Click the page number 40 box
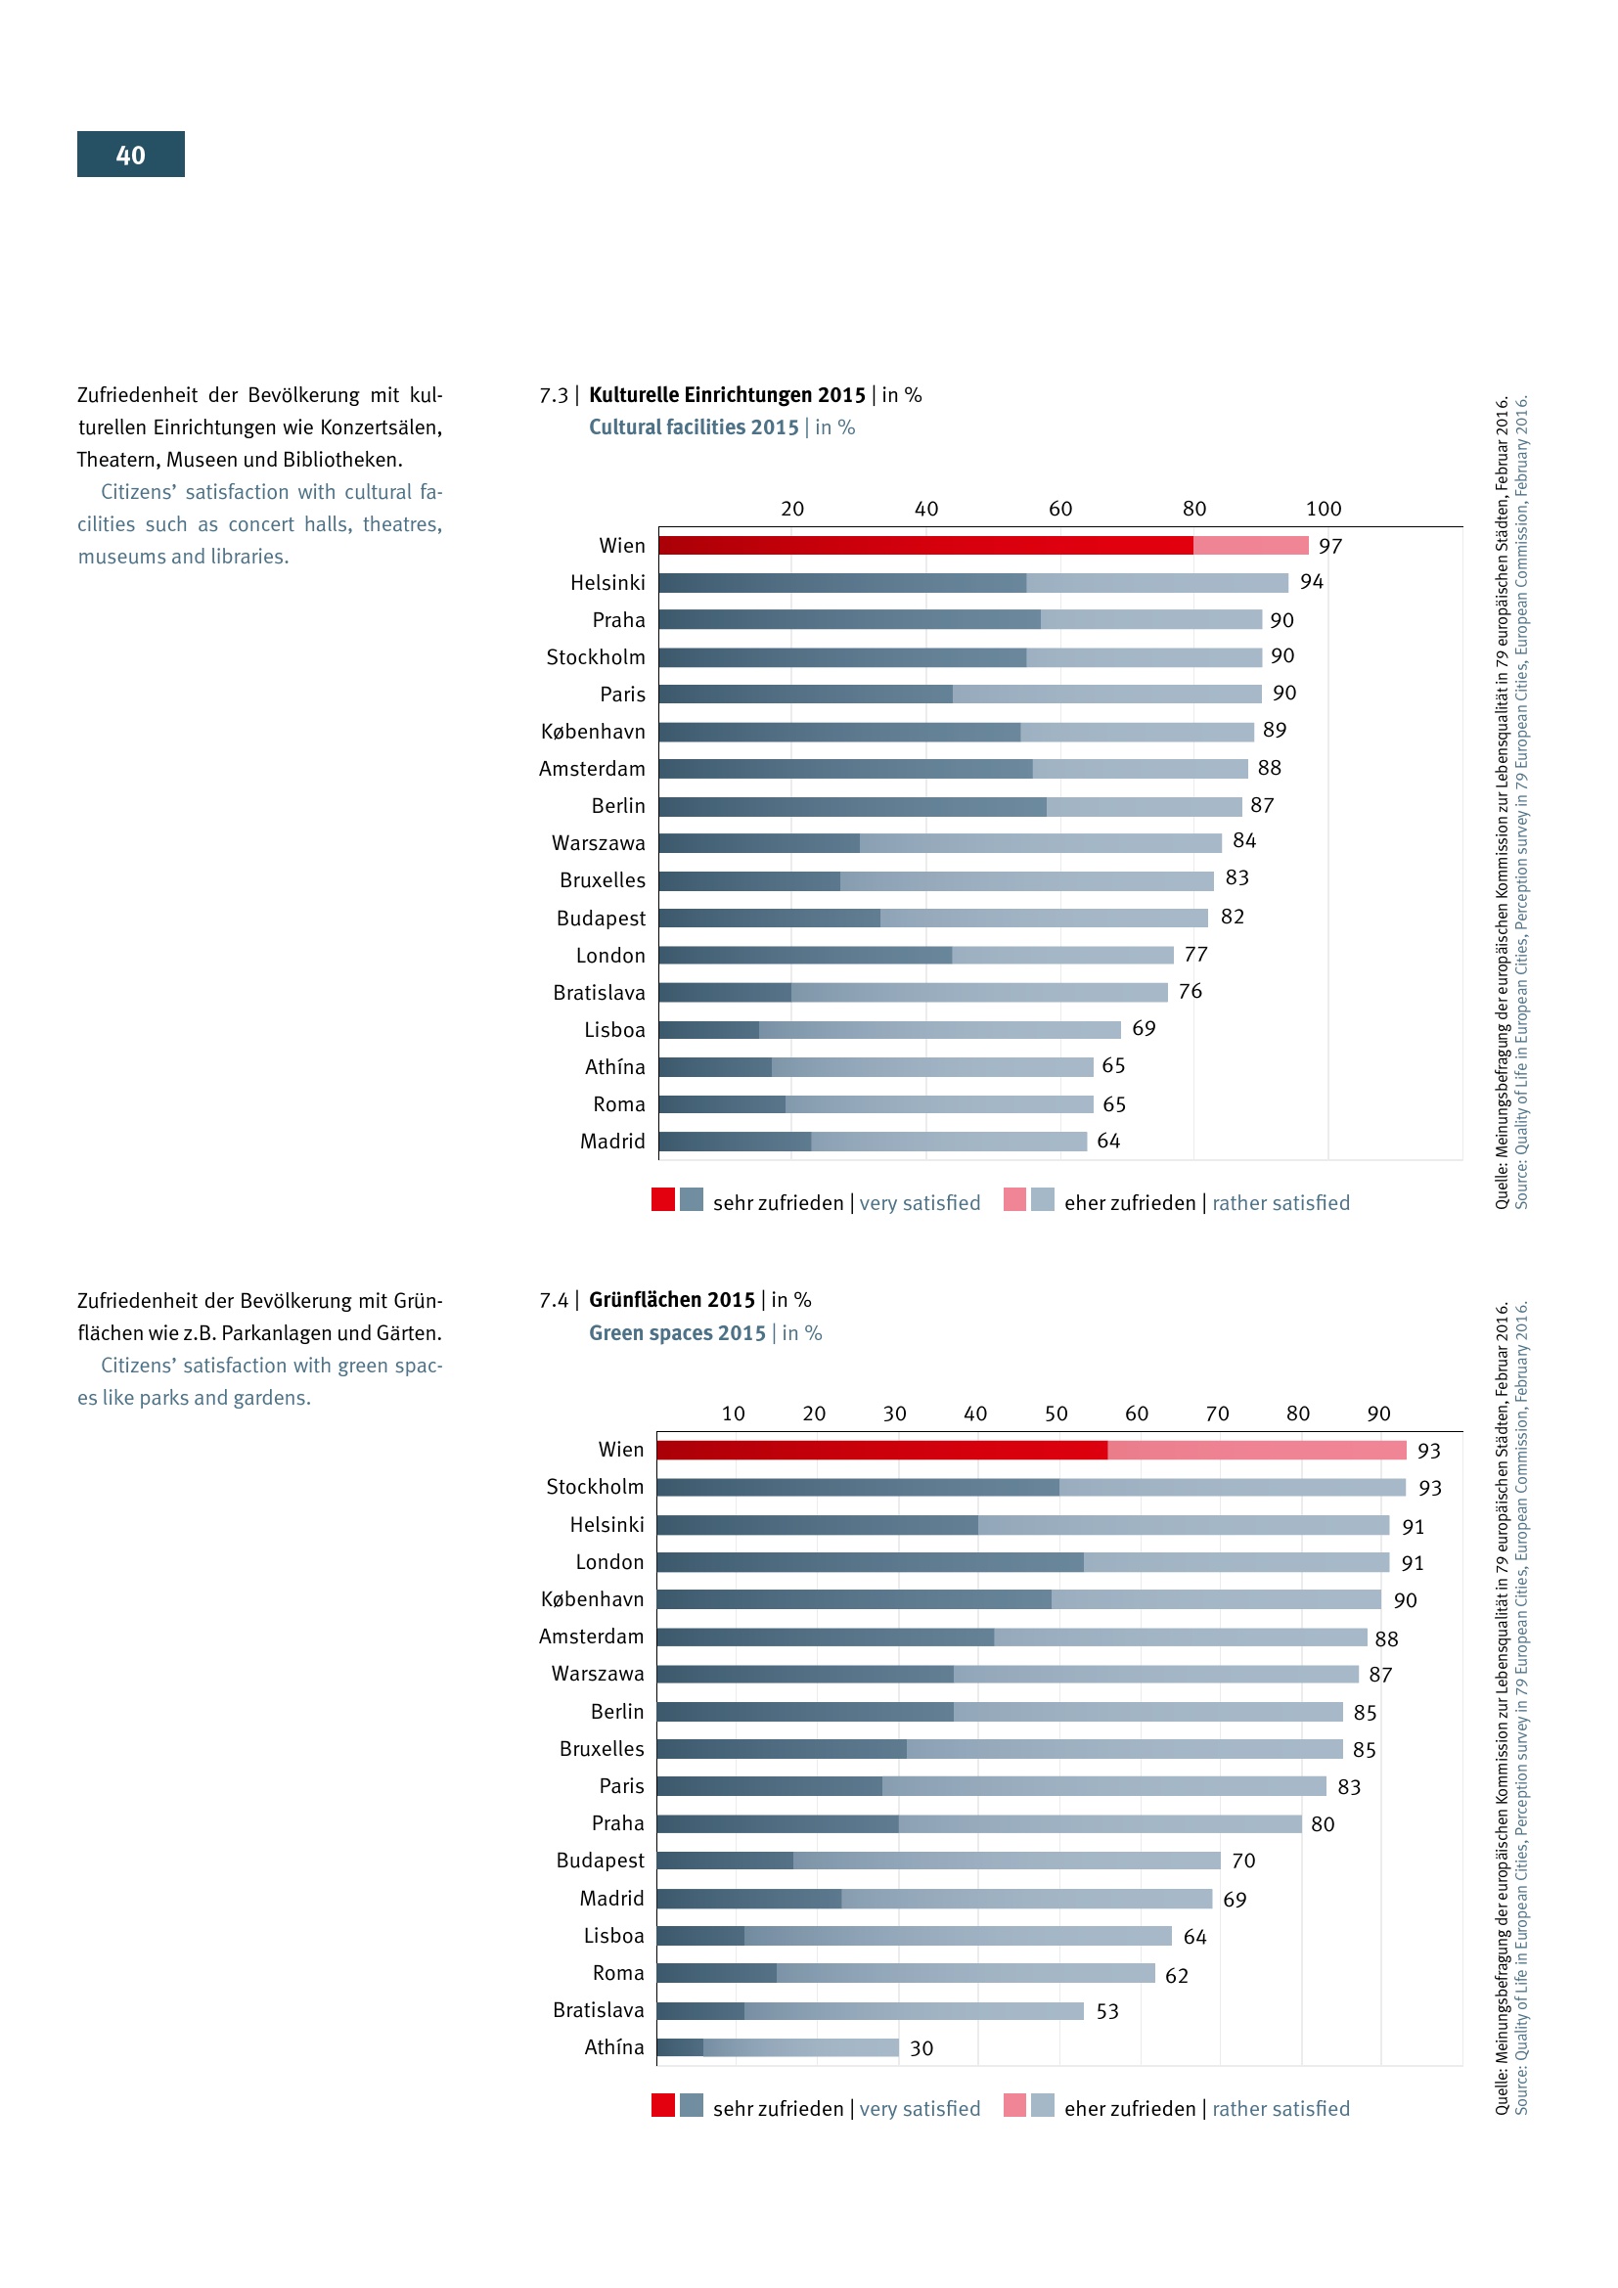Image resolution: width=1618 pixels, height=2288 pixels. [130, 155]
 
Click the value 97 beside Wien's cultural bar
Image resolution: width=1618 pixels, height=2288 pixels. [1330, 546]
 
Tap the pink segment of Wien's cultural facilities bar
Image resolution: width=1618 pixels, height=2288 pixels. [1250, 545]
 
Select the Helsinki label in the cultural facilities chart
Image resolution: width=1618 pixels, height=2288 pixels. [607, 583]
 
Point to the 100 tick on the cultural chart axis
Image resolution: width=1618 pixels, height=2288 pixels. [1324, 510]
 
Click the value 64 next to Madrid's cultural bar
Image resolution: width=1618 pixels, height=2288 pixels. [1108, 1141]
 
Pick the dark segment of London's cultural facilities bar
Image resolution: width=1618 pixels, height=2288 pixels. [805, 955]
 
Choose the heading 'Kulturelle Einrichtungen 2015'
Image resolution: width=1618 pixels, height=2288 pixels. [726, 394]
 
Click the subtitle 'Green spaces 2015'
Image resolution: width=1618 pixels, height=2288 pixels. [677, 1333]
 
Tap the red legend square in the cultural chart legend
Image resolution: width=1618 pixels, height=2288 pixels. [662, 1200]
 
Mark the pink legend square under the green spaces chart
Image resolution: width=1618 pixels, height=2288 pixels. [1014, 2105]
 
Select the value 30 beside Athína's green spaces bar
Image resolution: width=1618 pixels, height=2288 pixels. [921, 2047]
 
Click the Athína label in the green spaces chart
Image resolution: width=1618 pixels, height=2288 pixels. [613, 2046]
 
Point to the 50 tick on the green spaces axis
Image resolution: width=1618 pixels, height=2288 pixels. [1056, 1414]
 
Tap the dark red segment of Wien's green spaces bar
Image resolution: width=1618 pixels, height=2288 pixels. [881, 1450]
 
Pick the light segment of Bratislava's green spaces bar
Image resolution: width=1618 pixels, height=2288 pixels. [914, 2011]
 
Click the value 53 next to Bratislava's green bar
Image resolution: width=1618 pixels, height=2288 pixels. [1107, 2011]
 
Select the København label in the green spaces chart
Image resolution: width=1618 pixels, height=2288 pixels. [592, 1599]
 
